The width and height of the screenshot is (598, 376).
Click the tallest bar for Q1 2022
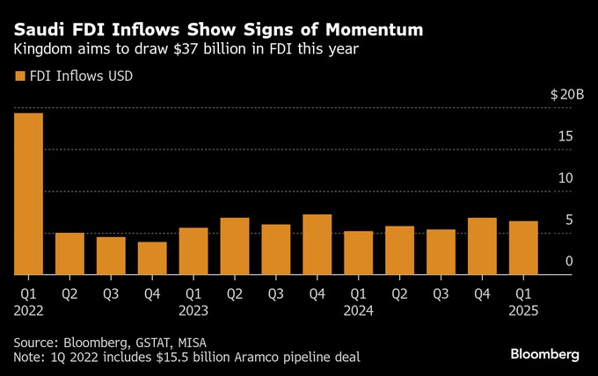tap(28, 193)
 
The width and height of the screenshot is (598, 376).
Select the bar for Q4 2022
tap(151, 257)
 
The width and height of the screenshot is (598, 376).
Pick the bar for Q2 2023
tap(234, 245)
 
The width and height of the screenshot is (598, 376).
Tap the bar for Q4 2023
tap(317, 243)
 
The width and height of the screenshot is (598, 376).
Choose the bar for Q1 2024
tap(358, 252)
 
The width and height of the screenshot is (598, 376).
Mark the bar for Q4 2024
tap(482, 245)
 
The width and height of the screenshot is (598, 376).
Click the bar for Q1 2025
tap(523, 247)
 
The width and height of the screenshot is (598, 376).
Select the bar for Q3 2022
tap(111, 255)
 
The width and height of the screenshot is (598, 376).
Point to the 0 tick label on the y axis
tap(570, 261)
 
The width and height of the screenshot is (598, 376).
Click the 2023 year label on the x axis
tap(194, 310)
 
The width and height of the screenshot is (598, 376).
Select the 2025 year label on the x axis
tap(524, 310)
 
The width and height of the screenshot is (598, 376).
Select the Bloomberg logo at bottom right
tap(545, 354)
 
